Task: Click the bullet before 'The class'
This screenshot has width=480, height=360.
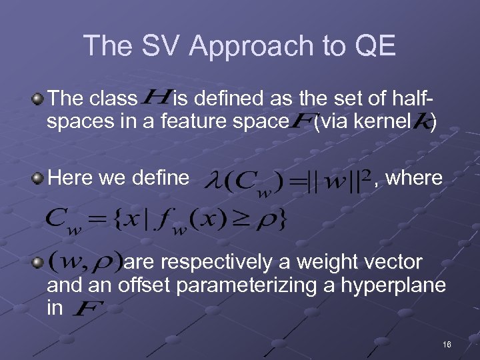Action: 38,100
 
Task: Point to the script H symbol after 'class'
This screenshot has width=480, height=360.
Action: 155,99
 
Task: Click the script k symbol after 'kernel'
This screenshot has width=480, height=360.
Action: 424,122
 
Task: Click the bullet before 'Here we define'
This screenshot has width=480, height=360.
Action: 38,179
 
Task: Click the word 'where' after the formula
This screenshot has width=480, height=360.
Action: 413,178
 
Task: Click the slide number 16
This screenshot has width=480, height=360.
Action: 446,344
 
